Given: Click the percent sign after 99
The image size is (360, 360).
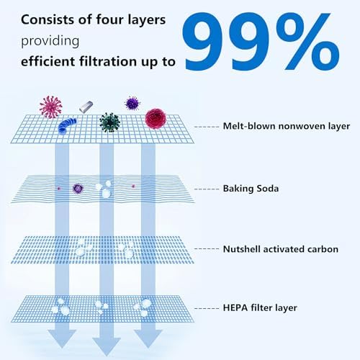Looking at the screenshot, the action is (308, 41).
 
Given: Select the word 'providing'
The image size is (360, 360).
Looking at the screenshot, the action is (50, 41).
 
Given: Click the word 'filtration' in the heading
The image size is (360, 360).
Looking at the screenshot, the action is (108, 61).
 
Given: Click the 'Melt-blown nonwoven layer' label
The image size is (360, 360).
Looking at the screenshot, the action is (287, 126).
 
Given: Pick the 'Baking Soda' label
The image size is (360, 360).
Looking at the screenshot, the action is (251, 189).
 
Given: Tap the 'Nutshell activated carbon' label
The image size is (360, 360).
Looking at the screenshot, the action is (281, 249).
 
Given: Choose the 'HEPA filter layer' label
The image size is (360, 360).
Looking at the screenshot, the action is (260, 307).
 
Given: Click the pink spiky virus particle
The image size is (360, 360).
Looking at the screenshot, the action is (50, 107).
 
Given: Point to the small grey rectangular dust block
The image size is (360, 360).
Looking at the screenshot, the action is (86, 107).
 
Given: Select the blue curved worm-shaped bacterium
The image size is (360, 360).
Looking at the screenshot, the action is (67, 125).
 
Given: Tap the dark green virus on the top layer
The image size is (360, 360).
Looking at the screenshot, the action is (109, 122).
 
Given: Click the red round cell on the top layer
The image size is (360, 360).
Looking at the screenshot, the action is (156, 119).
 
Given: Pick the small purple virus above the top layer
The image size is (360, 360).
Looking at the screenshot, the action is (132, 103).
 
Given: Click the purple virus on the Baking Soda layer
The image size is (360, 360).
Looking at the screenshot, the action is (78, 189).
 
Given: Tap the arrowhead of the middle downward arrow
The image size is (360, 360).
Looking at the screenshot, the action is (107, 346).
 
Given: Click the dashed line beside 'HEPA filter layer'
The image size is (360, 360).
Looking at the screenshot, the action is (207, 308).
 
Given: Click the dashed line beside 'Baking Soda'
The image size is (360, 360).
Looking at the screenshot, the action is (207, 189).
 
